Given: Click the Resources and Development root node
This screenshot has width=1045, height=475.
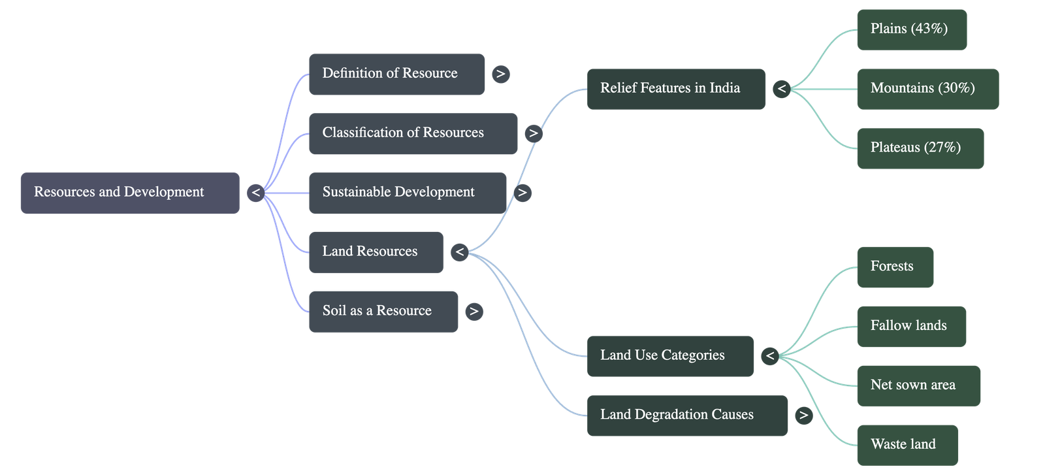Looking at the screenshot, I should (x=129, y=193).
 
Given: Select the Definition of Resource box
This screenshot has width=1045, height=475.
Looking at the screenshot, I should (x=396, y=74).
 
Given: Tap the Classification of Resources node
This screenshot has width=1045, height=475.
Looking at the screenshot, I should (x=413, y=133).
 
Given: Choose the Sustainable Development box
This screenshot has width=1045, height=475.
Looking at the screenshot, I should (x=407, y=193).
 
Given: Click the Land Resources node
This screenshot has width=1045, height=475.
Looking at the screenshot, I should (x=376, y=252).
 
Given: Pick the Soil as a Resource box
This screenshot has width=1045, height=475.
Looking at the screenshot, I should (x=383, y=312).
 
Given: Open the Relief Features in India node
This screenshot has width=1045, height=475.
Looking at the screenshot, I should (x=675, y=89).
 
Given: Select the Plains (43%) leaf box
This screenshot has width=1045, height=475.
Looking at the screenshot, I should (x=911, y=29).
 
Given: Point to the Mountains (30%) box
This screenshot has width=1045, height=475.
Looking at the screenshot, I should (x=927, y=89).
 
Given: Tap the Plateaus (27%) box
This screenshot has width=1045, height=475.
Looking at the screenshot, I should (x=920, y=148).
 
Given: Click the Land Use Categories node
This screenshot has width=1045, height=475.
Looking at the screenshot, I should (x=669, y=356).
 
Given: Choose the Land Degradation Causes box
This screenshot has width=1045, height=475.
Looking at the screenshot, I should (x=687, y=416).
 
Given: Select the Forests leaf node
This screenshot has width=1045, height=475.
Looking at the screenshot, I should (x=895, y=267).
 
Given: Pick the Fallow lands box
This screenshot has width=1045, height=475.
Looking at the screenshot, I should (x=911, y=327).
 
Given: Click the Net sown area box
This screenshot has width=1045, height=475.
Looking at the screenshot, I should (x=918, y=386).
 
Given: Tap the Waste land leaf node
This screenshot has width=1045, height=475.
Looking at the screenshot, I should (x=907, y=446).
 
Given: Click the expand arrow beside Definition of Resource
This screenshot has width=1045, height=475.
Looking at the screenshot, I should (x=500, y=74).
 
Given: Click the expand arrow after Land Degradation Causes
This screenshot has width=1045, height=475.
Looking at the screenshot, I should (x=803, y=416).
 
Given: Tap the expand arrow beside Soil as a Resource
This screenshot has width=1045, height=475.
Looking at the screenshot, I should (x=474, y=312).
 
